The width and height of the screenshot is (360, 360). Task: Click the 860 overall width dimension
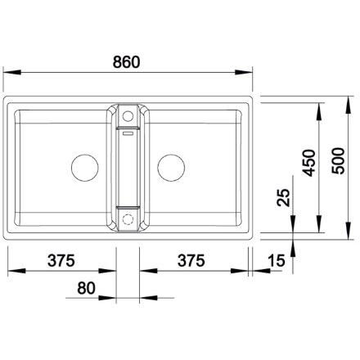pyautogui.click(x=126, y=62)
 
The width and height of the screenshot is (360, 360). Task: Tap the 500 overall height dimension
pyautogui.click(x=338, y=160)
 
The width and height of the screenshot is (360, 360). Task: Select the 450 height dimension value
pyautogui.click(x=309, y=163)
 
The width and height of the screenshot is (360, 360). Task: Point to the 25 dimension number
pyautogui.click(x=283, y=198)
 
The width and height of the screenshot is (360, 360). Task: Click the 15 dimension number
pyautogui.click(x=276, y=260)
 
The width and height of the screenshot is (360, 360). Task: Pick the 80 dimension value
pyautogui.click(x=86, y=288)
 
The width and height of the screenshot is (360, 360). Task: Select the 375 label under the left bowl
pyautogui.click(x=61, y=260)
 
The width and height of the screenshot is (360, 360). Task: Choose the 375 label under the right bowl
pyautogui.click(x=191, y=260)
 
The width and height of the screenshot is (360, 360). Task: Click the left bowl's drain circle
pyautogui.click(x=84, y=168)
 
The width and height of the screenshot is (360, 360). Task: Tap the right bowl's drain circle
pyautogui.click(x=171, y=168)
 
